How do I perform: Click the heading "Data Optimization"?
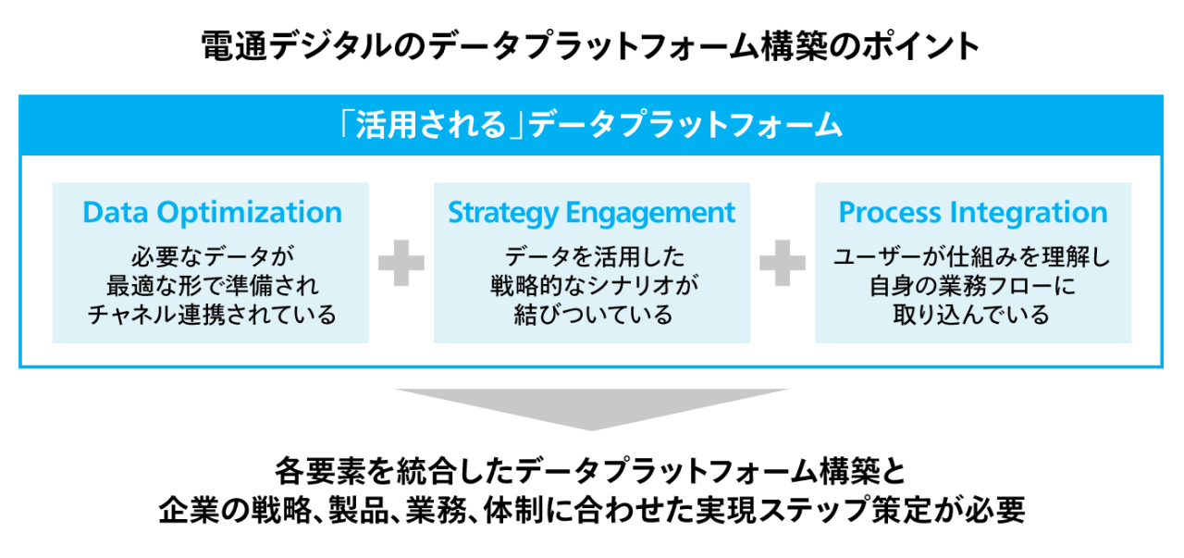point(212,213)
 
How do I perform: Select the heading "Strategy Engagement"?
point(592,213)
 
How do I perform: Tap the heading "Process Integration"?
point(972,213)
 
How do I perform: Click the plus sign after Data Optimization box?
point(401,264)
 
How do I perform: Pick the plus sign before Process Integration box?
point(783,264)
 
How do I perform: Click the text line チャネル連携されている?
point(212,315)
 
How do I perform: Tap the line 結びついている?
point(592,315)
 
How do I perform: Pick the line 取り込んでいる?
point(972,315)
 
